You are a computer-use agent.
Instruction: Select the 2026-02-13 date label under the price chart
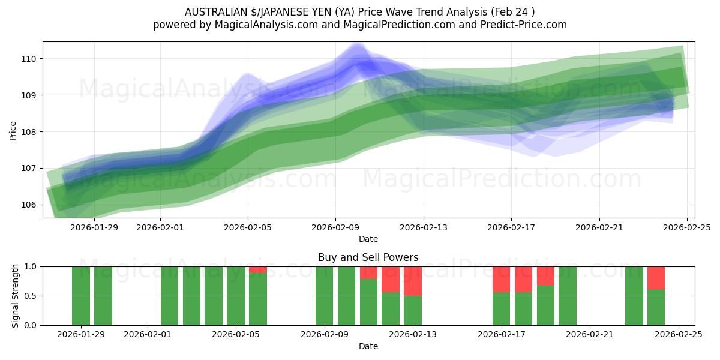(x=424, y=227)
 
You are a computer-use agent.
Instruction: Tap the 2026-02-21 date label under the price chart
(x=599, y=227)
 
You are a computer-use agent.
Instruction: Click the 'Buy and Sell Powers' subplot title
(x=368, y=257)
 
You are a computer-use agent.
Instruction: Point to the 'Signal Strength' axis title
(x=16, y=296)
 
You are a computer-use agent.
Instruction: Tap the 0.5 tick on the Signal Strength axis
(x=31, y=296)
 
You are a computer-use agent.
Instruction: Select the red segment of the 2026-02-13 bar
(x=413, y=281)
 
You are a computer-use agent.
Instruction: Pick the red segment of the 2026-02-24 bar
(x=656, y=277)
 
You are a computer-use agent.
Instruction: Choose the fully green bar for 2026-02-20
(x=568, y=296)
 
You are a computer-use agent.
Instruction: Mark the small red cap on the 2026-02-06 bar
(x=258, y=269)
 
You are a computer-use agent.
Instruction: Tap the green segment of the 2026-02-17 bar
(x=501, y=308)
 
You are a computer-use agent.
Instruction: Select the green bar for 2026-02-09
(x=324, y=296)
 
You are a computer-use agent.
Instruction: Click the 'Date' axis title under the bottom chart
(x=368, y=346)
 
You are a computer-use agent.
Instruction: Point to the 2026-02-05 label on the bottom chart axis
(x=236, y=335)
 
